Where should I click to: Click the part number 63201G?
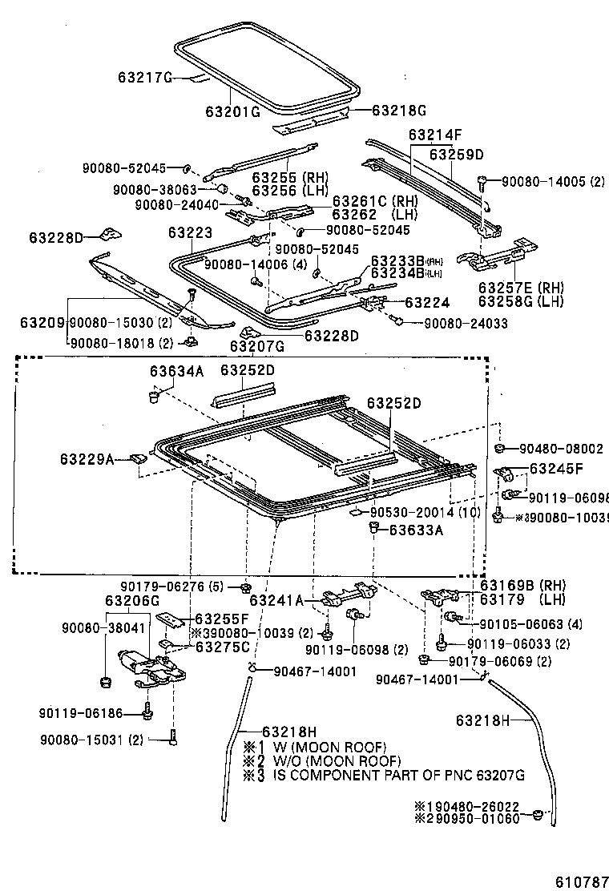[x=232, y=111]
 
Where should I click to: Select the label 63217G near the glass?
[x=145, y=78]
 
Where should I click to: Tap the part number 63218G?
[x=398, y=111]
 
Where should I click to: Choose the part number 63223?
[x=190, y=232]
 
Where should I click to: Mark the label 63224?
[x=427, y=302]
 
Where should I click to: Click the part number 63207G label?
[x=257, y=346]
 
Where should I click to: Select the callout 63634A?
[x=176, y=370]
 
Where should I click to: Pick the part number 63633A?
[x=417, y=529]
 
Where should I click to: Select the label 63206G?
[x=132, y=600]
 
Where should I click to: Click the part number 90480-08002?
[x=561, y=449]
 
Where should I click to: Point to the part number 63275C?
[x=223, y=647]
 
